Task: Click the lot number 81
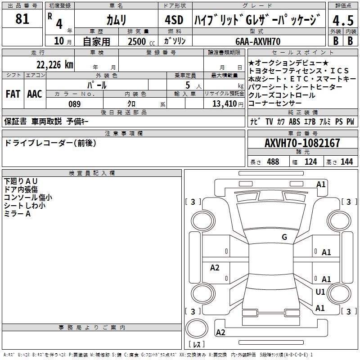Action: [x=22, y=19]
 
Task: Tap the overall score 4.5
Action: [x=342, y=20]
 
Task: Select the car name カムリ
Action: [x=116, y=20]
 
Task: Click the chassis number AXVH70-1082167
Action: [x=302, y=144]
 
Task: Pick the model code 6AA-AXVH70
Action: [x=258, y=41]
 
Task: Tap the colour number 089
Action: [x=74, y=104]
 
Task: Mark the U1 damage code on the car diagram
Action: [x=320, y=292]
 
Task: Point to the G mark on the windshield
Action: [x=284, y=237]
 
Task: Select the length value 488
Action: [x=273, y=162]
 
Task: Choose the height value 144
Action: [x=346, y=162]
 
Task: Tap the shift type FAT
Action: [x=13, y=94]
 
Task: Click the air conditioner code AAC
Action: [x=34, y=94]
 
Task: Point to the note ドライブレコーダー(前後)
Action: [x=50, y=143]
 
